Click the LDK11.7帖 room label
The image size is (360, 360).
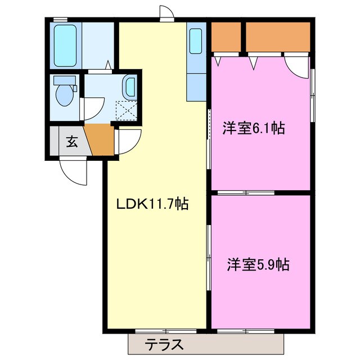click(x=152, y=204)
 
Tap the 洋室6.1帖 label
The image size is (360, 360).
click(x=253, y=129)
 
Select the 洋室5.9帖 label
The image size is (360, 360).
click(x=258, y=264)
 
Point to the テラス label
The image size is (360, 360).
click(x=166, y=343)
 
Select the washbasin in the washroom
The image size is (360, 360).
click(x=129, y=88)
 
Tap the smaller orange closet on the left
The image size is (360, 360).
click(x=226, y=37)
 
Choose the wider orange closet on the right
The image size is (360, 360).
click(x=278, y=37)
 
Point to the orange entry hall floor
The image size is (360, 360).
click(x=100, y=141)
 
